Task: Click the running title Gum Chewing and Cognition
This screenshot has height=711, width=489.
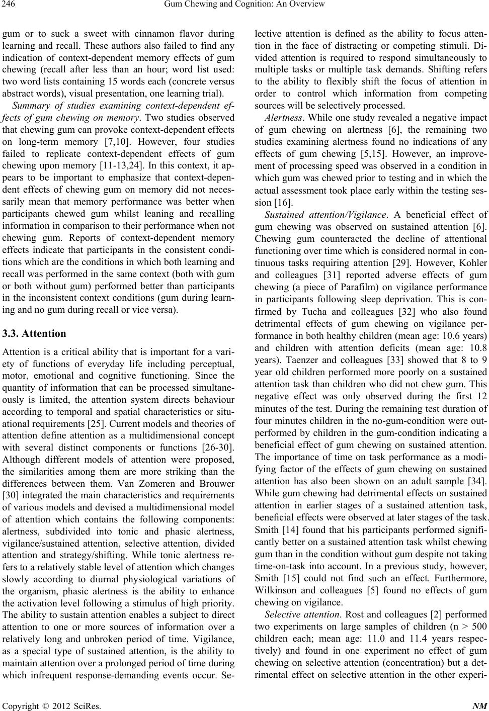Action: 244,5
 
